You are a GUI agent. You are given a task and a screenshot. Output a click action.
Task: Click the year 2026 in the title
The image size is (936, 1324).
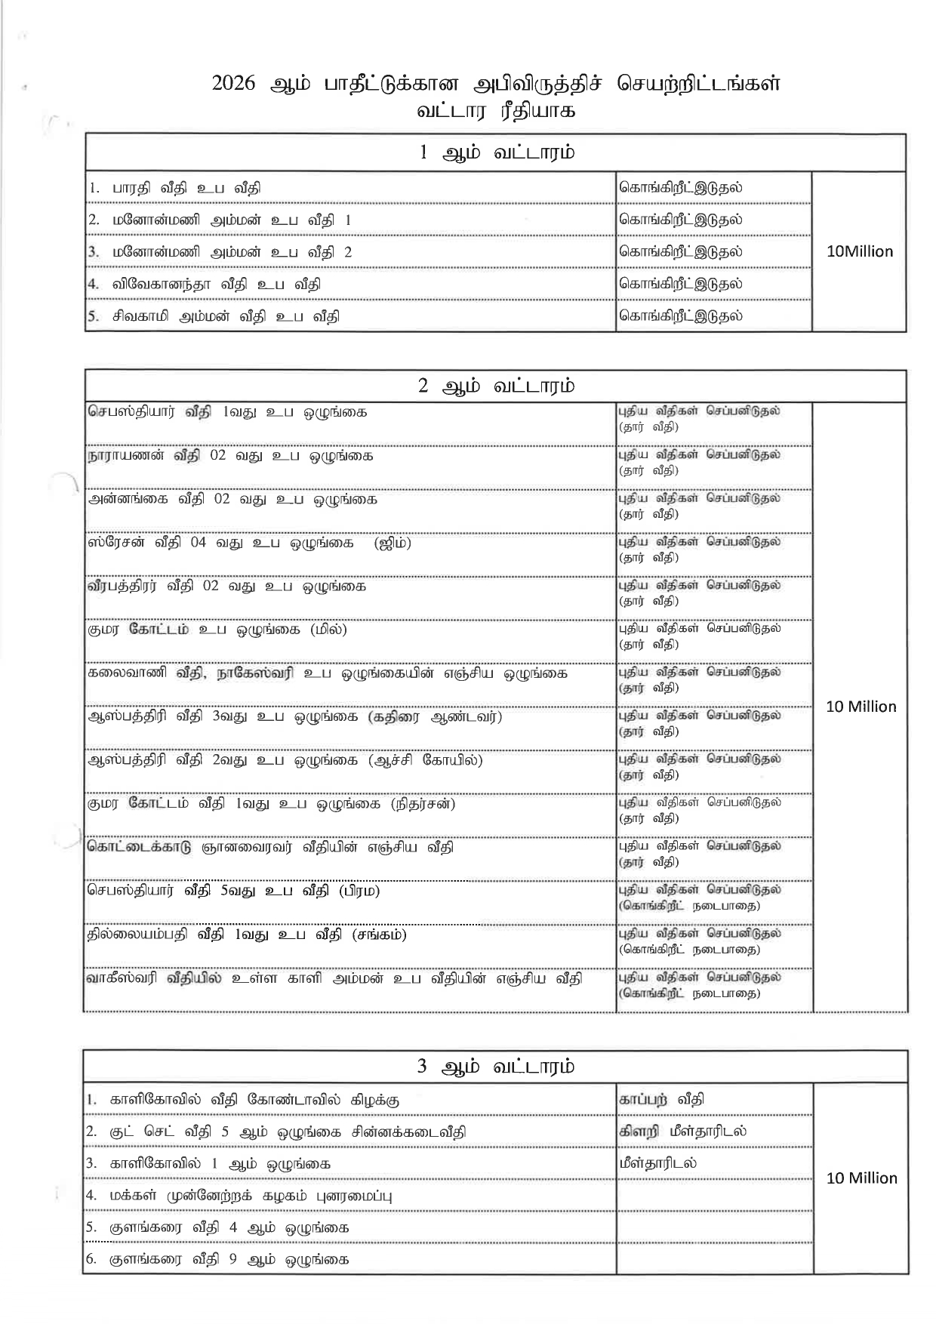236,84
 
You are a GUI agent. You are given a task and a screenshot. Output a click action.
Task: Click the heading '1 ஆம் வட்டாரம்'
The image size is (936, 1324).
496,153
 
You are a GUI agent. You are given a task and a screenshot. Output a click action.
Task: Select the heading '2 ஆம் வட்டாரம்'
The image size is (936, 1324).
496,386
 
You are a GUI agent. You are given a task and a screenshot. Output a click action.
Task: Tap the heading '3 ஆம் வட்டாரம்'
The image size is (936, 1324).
496,1067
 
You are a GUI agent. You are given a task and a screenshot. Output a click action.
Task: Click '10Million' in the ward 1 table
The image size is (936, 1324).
859,252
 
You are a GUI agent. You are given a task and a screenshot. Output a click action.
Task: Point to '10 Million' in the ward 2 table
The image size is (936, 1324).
861,707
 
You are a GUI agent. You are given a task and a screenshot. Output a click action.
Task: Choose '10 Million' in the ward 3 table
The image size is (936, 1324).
861,1178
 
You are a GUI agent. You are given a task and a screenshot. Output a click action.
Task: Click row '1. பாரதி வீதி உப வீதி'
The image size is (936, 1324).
175,189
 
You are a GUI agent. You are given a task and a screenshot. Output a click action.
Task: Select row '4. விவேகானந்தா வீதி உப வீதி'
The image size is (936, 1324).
204,285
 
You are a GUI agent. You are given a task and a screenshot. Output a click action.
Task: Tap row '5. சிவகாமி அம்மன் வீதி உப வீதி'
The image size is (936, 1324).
214,316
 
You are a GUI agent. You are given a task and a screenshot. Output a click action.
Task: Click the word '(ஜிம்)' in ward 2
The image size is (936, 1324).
393,543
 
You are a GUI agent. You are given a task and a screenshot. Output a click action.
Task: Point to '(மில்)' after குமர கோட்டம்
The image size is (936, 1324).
328,630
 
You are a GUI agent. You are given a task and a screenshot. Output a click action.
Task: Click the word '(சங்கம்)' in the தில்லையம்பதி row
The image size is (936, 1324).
379,935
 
